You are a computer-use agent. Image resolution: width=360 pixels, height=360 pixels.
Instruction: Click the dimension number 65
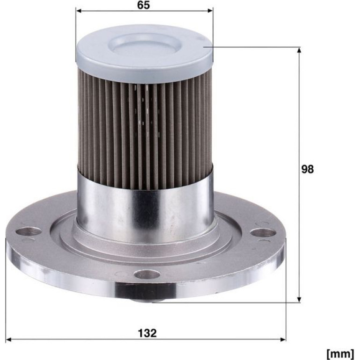(144, 5)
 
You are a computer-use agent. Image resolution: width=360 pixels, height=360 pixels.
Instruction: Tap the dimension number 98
(308, 169)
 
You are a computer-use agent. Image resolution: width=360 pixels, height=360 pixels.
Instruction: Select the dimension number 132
(147, 333)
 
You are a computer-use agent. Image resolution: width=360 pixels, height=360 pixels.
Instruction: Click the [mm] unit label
(340, 353)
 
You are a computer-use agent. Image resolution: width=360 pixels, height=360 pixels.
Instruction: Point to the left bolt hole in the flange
(29, 231)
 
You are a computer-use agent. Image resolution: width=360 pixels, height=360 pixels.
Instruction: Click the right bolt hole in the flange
(263, 233)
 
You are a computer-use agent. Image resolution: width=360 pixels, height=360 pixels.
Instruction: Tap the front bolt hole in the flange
(147, 274)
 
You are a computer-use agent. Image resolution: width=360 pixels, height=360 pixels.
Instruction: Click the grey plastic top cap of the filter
(144, 54)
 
